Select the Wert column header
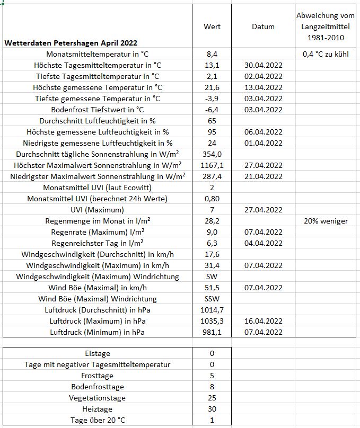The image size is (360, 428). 212,26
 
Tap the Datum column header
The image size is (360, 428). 264,26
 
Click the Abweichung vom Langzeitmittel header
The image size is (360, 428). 325,26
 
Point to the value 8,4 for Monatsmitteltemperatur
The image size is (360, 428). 212,54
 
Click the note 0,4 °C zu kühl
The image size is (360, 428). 325,54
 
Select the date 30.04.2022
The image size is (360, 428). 264,65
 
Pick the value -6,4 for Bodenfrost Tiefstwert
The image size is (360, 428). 212,110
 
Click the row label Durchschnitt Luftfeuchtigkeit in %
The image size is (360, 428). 98,121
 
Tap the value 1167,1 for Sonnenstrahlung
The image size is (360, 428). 212,165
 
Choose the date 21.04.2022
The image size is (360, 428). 264,176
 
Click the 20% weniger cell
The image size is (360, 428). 325,221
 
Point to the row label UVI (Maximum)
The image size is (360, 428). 98,210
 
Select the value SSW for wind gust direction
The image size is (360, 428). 212,299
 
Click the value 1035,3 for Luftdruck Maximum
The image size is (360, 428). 212,321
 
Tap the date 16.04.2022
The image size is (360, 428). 264,321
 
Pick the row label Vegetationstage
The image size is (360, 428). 98,398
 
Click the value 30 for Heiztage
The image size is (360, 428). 212,409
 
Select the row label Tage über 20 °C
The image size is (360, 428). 98,420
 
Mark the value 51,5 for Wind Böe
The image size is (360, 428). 212,288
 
